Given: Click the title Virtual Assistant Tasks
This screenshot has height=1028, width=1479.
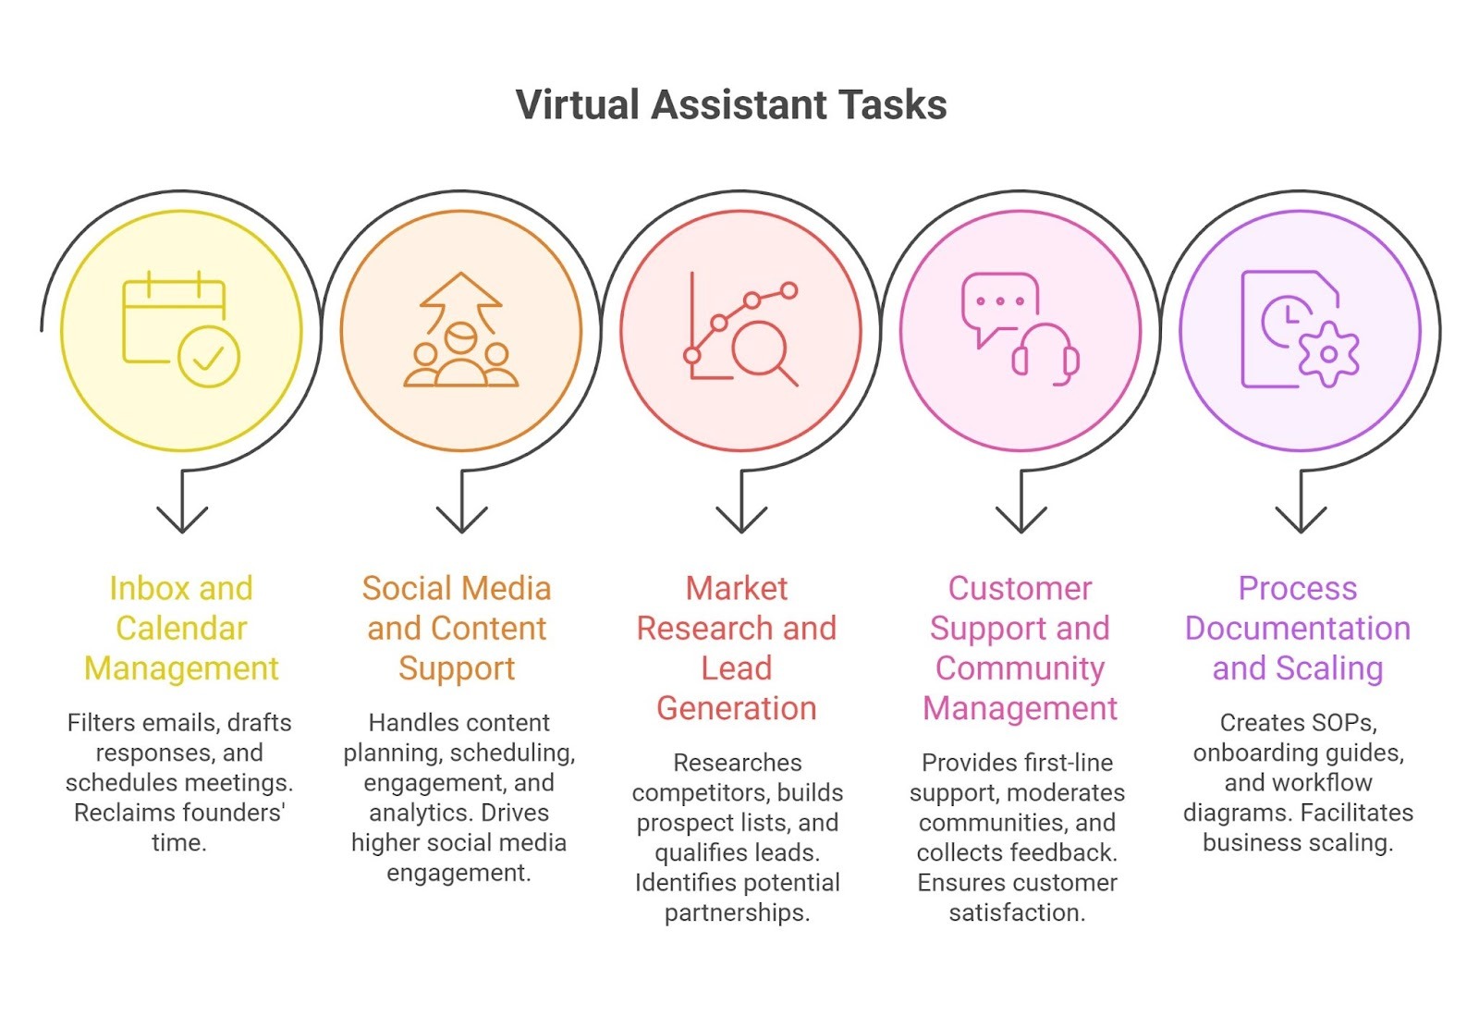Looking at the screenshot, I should (730, 104).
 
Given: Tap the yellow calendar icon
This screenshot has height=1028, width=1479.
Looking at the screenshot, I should (175, 319).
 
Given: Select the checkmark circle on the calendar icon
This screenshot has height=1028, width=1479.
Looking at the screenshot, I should (209, 357).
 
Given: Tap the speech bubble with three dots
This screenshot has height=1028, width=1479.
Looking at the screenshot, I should (999, 303).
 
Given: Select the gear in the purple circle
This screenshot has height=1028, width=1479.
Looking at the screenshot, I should (1328, 354).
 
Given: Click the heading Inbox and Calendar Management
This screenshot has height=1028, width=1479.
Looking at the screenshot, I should (181, 628).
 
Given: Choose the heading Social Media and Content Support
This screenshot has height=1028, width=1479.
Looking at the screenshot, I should (457, 628).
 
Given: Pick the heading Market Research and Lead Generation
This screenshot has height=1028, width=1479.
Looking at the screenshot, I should (737, 647).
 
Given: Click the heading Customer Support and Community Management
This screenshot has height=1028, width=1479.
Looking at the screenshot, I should (1020, 647).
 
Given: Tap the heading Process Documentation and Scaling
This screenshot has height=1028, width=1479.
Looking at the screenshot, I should (1298, 628).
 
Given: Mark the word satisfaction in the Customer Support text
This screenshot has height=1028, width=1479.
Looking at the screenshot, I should (1017, 912).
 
